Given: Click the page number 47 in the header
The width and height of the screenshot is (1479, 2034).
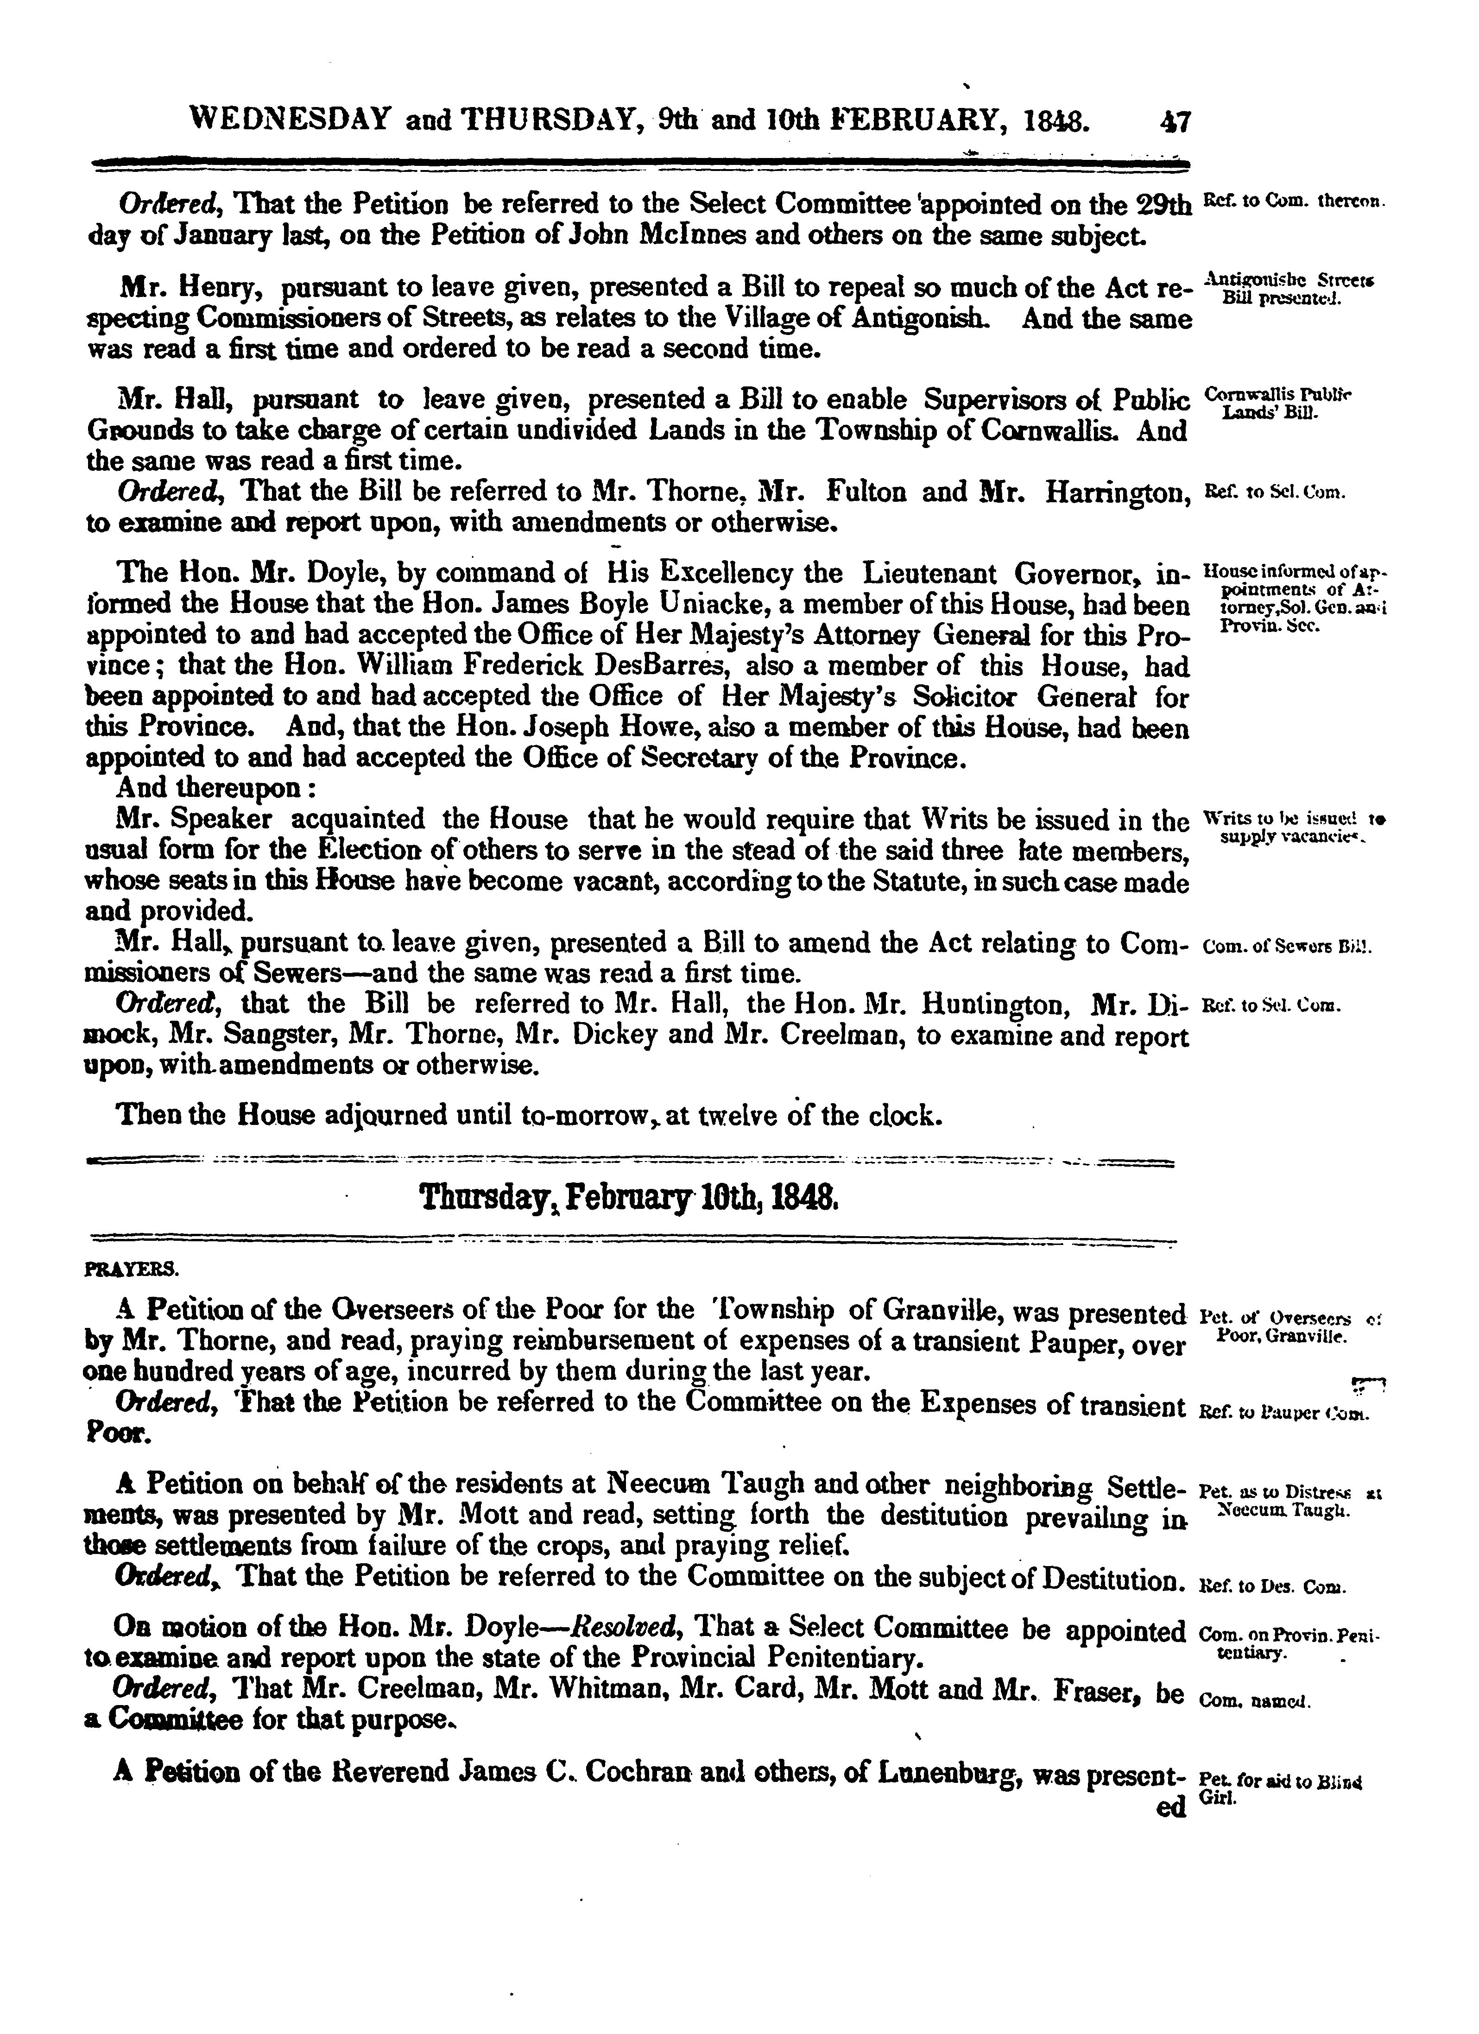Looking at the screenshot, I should point(1173,121).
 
